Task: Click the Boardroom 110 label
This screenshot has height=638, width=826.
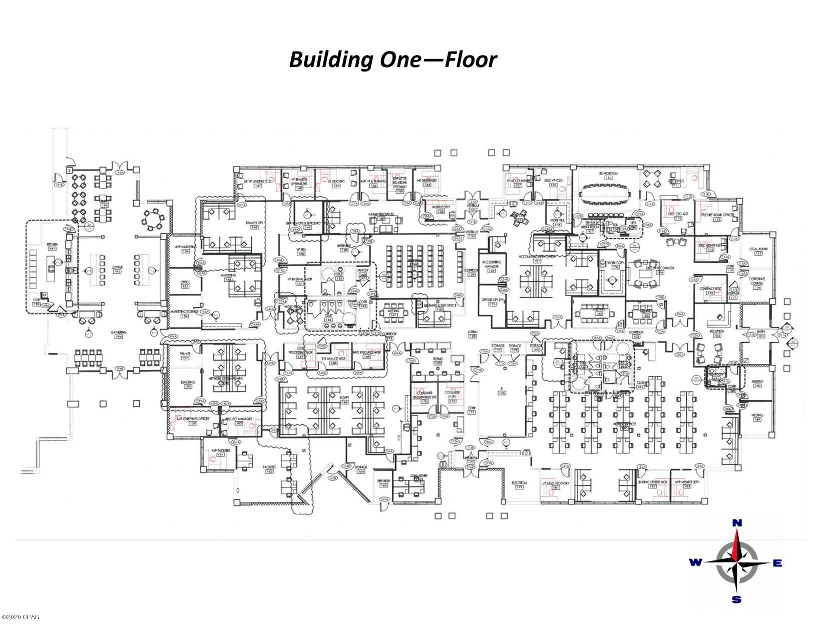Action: point(608,175)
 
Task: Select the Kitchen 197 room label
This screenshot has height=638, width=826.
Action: point(52,247)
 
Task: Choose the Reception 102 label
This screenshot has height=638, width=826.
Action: point(716,333)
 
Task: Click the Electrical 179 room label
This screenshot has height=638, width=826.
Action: point(519,484)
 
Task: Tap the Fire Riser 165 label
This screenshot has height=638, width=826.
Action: point(383,483)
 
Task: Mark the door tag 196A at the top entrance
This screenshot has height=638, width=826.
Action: point(119,172)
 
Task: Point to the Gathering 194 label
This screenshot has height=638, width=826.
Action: point(119,335)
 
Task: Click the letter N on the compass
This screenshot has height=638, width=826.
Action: point(737,523)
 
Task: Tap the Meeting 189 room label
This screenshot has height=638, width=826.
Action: point(757,418)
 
